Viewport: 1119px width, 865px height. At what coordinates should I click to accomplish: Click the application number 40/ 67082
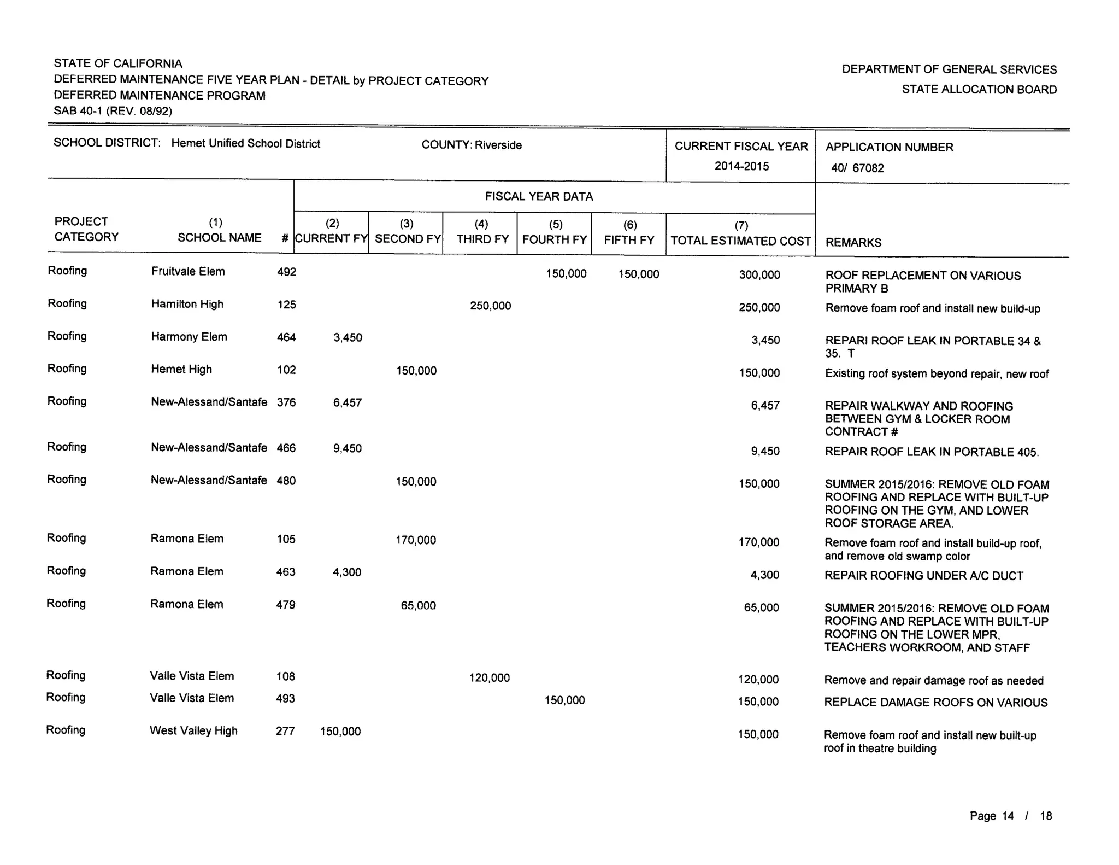coord(857,168)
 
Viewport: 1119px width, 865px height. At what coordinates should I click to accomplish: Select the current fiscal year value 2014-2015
coord(741,166)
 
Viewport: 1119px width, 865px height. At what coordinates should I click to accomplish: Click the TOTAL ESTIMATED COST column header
coord(740,241)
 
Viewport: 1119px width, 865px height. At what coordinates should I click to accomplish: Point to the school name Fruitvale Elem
coord(187,272)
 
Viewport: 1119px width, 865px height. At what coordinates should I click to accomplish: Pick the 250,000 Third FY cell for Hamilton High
coord(490,306)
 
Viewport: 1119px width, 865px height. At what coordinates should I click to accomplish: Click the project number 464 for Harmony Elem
coord(286,337)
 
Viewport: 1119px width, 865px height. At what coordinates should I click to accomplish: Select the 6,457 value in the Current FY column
coord(348,403)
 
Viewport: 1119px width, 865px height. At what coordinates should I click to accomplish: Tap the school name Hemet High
coord(181,370)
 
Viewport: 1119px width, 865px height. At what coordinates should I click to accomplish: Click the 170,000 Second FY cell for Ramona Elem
coord(415,541)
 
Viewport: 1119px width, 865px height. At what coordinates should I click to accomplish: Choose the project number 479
coord(286,605)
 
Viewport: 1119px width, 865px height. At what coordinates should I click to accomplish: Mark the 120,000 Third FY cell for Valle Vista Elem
coord(489,678)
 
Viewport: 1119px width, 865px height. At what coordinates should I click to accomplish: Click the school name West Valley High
coord(193,731)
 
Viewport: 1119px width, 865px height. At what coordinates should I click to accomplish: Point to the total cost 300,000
coord(759,275)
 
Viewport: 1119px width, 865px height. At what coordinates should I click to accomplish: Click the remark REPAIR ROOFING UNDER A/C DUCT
coord(923,576)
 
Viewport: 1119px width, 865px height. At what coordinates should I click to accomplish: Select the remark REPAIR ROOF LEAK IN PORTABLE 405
coord(932,452)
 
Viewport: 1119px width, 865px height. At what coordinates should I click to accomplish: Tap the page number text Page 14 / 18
coord(1010,816)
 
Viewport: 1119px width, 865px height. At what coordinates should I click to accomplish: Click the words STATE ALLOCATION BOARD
coord(979,90)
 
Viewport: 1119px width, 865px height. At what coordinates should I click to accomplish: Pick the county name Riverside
coord(498,145)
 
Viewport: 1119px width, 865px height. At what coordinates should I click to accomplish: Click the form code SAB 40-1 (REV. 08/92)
coord(113,112)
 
